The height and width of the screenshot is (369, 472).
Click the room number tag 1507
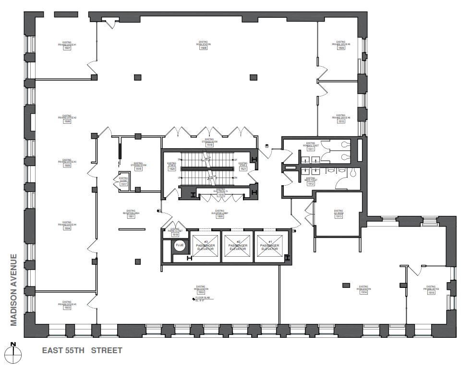pyautogui.click(x=68, y=48)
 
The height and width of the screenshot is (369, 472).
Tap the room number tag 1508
pyautogui.click(x=204, y=48)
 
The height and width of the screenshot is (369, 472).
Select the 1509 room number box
pyautogui.click(x=341, y=48)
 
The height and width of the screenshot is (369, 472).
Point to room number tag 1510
pyautogui.click(x=341, y=121)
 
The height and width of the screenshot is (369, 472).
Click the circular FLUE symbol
pyautogui.click(x=180, y=246)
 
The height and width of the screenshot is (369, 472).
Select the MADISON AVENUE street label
pyautogui.click(x=14, y=290)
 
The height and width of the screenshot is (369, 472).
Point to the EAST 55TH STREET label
pyautogui.click(x=82, y=351)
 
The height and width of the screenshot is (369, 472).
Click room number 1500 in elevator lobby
pyautogui.click(x=219, y=216)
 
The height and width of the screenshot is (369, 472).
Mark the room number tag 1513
pyautogui.click(x=339, y=216)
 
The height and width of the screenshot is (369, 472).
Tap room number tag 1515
pyautogui.click(x=431, y=292)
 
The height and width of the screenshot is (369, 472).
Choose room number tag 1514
pyautogui.click(x=363, y=292)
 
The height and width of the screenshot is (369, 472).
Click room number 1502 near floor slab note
pyautogui.click(x=201, y=292)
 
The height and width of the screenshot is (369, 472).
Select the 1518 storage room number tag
pyautogui.click(x=138, y=169)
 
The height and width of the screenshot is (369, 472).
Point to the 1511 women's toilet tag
pyautogui.click(x=311, y=149)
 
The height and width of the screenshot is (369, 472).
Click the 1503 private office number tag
pyautogui.click(x=66, y=308)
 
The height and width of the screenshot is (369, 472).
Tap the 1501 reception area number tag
pyautogui.click(x=131, y=216)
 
